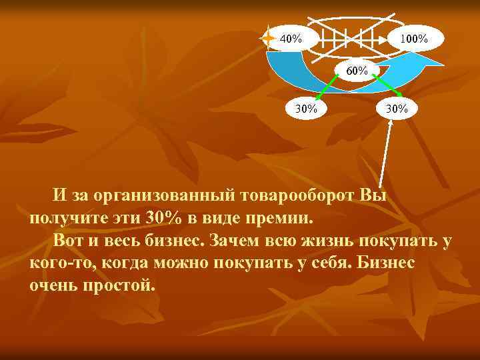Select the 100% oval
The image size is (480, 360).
point(413,39)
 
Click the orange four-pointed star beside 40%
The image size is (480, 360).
point(268,39)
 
